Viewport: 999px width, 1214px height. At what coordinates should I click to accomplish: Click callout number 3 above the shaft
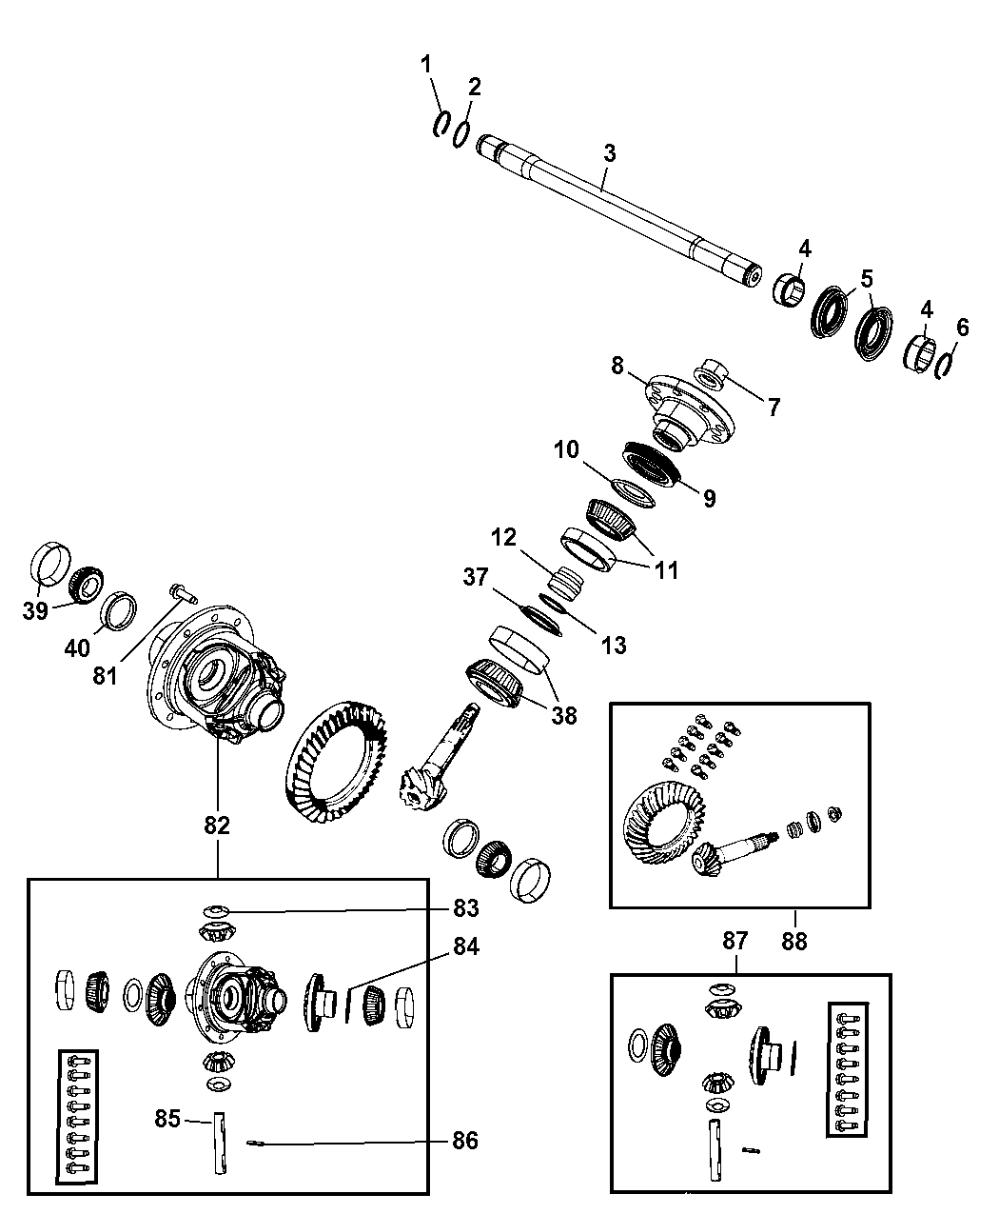pos(609,153)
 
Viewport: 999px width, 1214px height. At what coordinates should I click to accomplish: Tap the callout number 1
pos(426,64)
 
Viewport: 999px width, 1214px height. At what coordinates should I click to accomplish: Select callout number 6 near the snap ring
pos(962,328)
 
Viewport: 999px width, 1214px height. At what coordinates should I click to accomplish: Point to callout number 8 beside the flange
pos(617,364)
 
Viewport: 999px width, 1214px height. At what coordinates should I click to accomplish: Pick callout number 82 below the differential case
pos(217,826)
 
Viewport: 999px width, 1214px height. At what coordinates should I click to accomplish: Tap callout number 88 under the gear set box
pos(793,941)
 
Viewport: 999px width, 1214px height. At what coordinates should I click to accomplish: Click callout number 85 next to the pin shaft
pos(167,1119)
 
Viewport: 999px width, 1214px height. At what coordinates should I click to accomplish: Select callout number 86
pos(465,1140)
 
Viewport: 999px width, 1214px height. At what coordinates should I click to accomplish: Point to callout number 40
pos(77,647)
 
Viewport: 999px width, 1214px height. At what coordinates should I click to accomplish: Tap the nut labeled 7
pos(713,374)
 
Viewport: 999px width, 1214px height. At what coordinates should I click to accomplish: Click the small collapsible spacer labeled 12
pos(567,580)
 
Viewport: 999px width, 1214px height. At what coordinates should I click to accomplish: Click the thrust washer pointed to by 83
pos(218,912)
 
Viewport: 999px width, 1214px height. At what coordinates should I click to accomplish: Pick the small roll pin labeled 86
pos(255,1145)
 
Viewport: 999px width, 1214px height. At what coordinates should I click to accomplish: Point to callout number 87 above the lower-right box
pos(735,941)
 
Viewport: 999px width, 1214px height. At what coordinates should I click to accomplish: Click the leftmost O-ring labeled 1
pos(442,125)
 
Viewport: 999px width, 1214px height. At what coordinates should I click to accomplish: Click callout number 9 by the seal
pos(710,497)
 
